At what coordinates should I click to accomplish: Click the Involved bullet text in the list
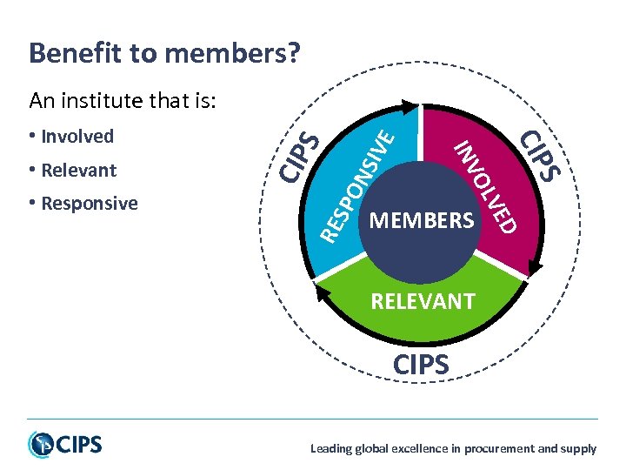77,137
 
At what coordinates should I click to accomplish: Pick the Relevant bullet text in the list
78,170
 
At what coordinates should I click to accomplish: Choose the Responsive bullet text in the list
89,204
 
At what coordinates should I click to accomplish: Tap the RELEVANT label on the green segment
423,302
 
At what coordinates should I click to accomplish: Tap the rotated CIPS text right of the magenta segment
539,155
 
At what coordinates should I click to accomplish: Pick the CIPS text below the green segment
422,365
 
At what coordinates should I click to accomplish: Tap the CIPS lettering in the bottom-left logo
80,445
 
